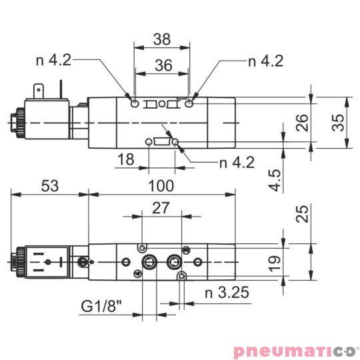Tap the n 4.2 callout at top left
coord(53,61)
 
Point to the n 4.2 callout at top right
coord(266,61)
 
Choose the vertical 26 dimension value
coord(302,123)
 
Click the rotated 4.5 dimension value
coord(274,180)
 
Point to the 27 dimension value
coord(161,208)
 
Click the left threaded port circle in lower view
coord(147,261)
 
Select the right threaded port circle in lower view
coord(175,261)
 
